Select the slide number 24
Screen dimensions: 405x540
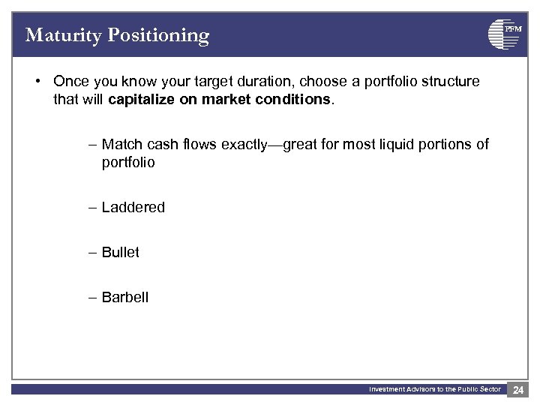coord(518,389)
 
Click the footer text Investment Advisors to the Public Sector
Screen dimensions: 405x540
coord(434,389)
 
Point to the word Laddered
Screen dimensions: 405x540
coord(133,207)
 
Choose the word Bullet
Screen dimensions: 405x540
coord(120,252)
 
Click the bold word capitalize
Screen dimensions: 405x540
coord(142,99)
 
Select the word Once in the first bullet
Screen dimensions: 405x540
coord(70,81)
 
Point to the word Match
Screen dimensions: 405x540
coord(120,144)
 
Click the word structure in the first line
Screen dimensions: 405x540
coord(449,81)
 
